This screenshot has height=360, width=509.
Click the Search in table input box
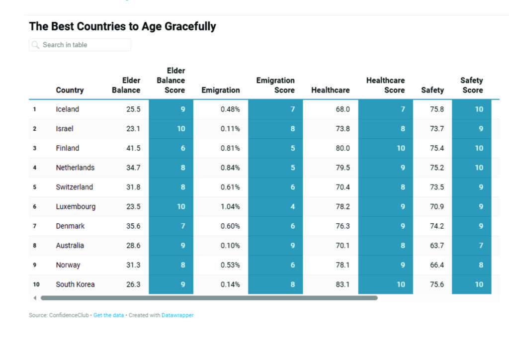pyautogui.click(x=80, y=45)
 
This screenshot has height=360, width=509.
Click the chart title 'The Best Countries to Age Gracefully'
pyautogui.click(x=122, y=26)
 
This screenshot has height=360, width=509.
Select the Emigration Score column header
pyautogui.click(x=275, y=85)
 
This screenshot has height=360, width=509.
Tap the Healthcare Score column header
pyautogui.click(x=385, y=85)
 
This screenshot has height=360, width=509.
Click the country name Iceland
pyautogui.click(x=68, y=109)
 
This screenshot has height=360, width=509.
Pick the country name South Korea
pyautogui.click(x=75, y=284)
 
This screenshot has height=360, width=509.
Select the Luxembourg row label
pyautogui.click(x=76, y=206)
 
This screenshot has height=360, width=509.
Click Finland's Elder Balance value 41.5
pyautogui.click(x=133, y=148)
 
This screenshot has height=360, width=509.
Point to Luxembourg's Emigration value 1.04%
pyautogui.click(x=230, y=206)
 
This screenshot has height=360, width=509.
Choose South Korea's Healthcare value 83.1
pyautogui.click(x=342, y=284)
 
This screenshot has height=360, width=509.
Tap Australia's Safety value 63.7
pyautogui.click(x=437, y=246)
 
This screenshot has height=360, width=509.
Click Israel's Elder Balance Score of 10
pyautogui.click(x=181, y=129)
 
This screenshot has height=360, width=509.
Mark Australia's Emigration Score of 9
pyautogui.click(x=293, y=246)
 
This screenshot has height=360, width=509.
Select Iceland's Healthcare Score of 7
pyautogui.click(x=403, y=109)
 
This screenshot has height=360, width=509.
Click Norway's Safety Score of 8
pyautogui.click(x=481, y=265)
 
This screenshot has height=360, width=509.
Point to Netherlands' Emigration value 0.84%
pyautogui.click(x=230, y=168)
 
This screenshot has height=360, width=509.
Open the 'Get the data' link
pyautogui.click(x=108, y=315)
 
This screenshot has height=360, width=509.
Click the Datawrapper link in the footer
pyautogui.click(x=177, y=315)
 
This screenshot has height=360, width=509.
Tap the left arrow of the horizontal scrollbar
pyautogui.click(x=35, y=298)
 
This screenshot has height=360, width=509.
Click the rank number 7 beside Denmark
pyautogui.click(x=35, y=226)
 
